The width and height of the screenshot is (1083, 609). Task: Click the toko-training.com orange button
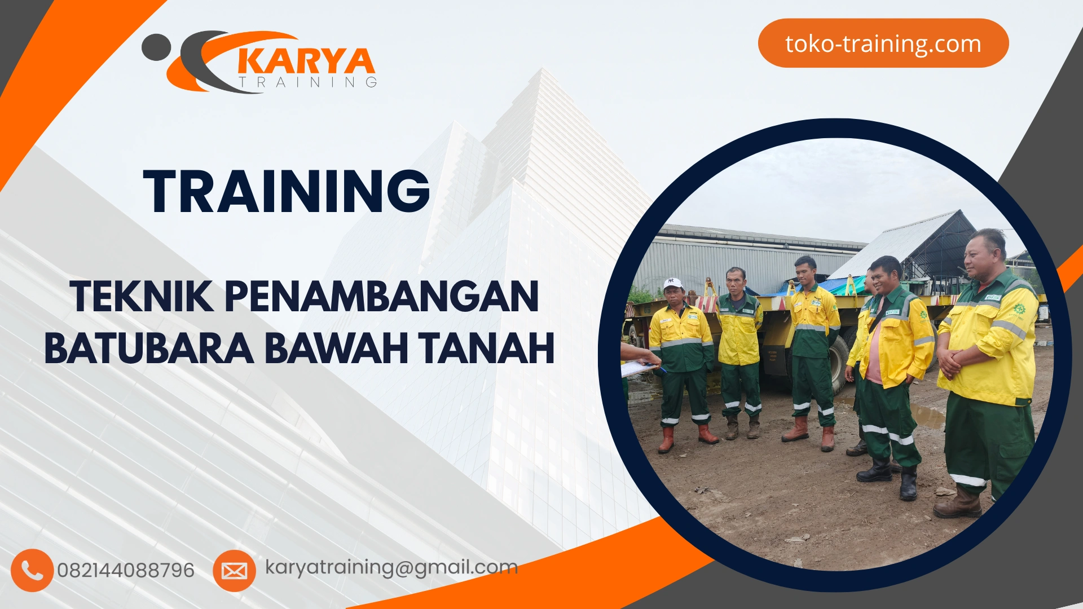point(883,43)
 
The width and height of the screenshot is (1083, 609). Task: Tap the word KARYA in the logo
point(306,61)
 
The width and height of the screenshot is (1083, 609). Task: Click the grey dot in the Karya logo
point(156,47)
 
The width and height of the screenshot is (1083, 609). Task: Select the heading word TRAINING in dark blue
point(287,191)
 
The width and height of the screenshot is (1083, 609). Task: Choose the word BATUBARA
point(149,348)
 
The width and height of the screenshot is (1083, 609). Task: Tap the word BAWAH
point(336,348)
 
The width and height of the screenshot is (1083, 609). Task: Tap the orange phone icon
point(32,570)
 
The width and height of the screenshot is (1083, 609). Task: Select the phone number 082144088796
point(126,570)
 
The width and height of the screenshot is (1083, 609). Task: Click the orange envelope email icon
point(234,571)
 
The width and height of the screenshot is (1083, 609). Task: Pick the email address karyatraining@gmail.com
point(391,567)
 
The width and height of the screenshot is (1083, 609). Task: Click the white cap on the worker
point(672,283)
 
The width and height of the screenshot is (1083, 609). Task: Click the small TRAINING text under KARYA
point(308,82)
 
